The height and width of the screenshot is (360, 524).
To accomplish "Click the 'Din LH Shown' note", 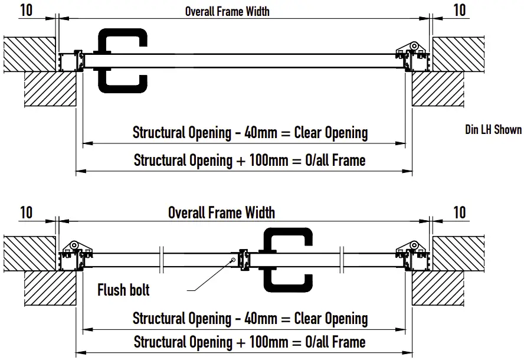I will (x=493, y=130).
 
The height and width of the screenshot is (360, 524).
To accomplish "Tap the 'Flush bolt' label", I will (x=123, y=290).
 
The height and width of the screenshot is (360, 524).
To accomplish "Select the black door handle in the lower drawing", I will (x=287, y=258).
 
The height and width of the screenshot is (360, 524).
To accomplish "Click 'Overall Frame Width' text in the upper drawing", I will (x=227, y=11).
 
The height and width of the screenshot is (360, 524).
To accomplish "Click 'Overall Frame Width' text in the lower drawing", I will (x=221, y=212).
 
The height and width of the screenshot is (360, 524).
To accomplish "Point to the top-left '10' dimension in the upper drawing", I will (x=26, y=10).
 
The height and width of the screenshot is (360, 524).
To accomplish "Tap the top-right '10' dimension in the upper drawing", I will (x=459, y=10).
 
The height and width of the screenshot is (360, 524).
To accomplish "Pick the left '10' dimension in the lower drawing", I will (x=26, y=212).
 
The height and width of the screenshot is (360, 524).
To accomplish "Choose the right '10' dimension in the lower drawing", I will (x=459, y=212).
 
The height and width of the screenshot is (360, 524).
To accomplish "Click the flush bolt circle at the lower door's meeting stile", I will (x=235, y=260).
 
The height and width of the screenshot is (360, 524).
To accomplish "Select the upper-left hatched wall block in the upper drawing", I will (x=30, y=55).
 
